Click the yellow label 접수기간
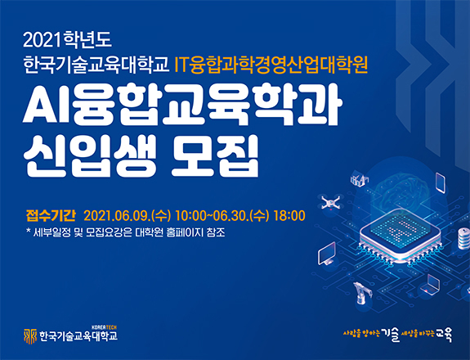51,215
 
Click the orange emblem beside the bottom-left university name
30,335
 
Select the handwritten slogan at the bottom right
397,333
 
